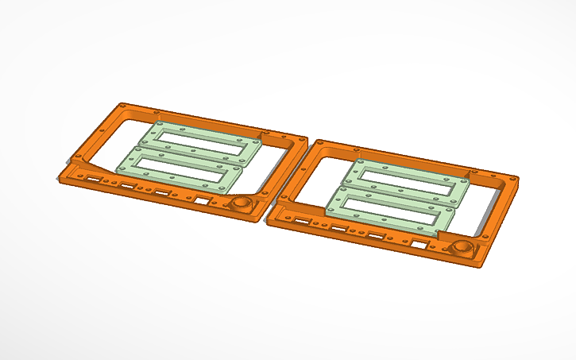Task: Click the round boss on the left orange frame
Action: tap(240, 203)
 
